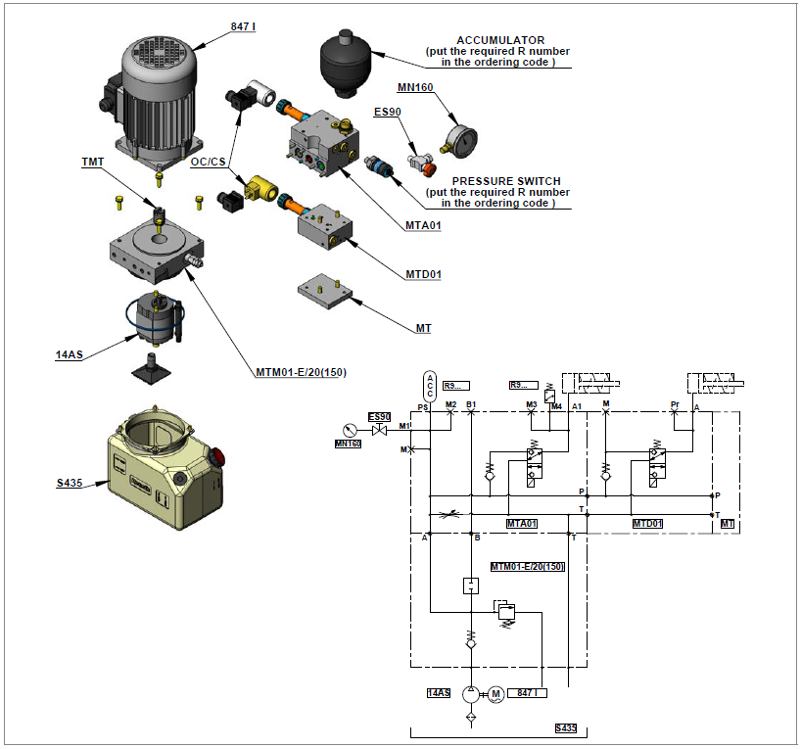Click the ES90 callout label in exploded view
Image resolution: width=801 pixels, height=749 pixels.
(x=389, y=113)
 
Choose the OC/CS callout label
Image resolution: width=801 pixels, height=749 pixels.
(x=209, y=163)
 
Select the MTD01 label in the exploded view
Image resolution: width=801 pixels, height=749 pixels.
(x=423, y=274)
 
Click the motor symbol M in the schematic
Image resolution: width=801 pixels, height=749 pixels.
(x=495, y=693)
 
